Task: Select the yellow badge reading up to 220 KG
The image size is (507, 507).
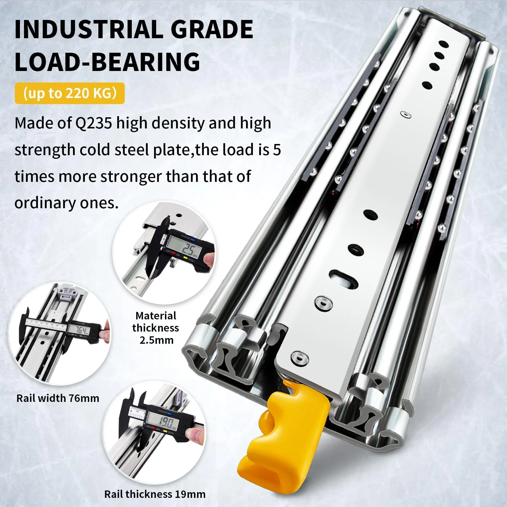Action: (x=70, y=93)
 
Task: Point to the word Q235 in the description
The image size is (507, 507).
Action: (x=93, y=123)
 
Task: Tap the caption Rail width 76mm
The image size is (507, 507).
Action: (x=58, y=398)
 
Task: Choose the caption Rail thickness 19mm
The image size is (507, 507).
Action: (x=155, y=494)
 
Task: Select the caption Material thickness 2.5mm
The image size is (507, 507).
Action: (x=156, y=328)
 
